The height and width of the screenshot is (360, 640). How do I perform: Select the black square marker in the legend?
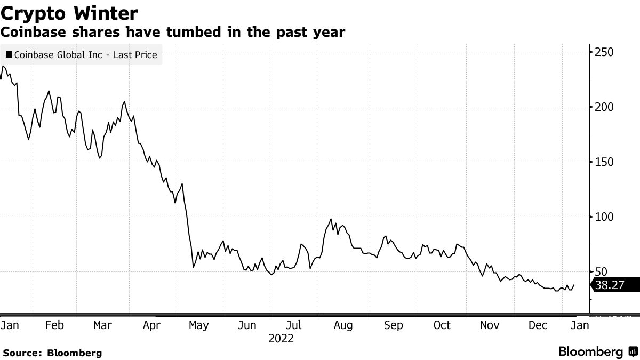tap(9, 54)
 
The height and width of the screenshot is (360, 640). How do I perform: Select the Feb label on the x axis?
tap(55, 325)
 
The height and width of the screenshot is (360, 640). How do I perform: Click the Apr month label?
tap(153, 325)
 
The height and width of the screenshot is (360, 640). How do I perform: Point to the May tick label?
tap(198, 325)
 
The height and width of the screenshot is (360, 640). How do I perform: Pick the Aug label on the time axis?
tap(342, 325)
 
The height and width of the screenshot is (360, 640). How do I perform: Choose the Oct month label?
tap(442, 325)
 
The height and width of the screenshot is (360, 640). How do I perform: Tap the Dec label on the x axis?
tap(538, 325)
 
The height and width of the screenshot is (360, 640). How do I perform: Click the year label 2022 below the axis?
tap(281, 339)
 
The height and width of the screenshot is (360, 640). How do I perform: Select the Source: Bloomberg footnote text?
tap(52, 353)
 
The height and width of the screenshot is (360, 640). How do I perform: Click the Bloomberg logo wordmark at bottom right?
tap(590, 352)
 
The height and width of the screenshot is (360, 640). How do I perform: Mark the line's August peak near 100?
tap(331, 219)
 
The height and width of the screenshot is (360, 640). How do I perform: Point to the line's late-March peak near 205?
tap(124, 102)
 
